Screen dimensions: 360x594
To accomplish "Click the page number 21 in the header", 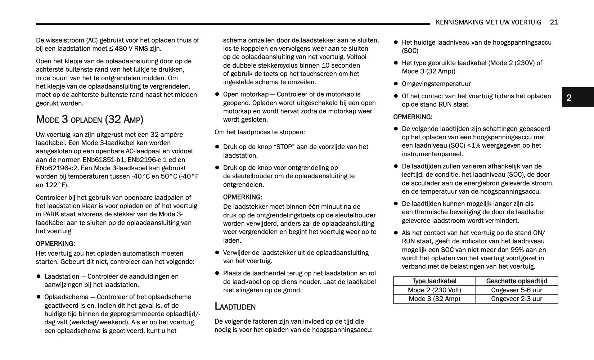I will pos(554,22).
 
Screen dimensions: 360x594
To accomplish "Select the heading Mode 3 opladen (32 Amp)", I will pos(90,119).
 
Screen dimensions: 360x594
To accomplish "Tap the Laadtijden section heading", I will pos(235,306).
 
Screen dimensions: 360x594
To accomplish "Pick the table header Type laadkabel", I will pos(434,281).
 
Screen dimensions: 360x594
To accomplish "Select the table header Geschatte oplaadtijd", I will pos(517,281).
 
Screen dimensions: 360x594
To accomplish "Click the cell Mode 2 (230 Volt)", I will pos(434,290).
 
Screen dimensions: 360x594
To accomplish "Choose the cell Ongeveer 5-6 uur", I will pos(517,290).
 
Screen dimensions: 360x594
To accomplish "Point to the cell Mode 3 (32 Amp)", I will pos(434,299).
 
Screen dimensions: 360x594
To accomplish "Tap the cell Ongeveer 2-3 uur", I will pos(517,299).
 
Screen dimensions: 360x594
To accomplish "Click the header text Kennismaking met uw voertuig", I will pos(488,22).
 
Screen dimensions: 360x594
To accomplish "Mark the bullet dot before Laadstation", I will pos(39,276).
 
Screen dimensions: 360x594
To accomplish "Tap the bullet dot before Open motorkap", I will pos(217,94).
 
